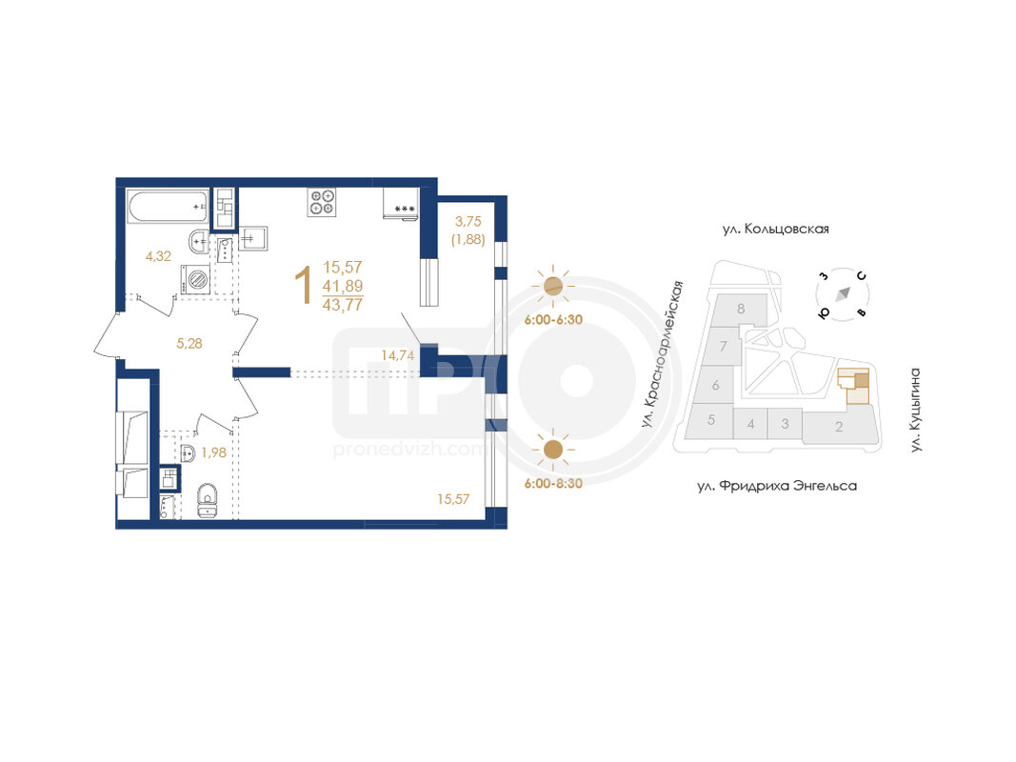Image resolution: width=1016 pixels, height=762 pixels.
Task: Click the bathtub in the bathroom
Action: [168, 206]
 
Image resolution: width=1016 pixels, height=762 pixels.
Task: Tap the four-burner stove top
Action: [322, 201]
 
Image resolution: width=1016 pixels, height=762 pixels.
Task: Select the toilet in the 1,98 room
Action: [209, 500]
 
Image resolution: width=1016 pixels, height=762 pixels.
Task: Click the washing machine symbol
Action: [196, 280]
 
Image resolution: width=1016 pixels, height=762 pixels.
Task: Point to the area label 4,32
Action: [158, 256]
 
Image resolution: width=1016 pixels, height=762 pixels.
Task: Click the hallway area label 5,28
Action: [189, 344]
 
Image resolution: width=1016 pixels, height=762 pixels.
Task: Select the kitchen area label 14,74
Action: [397, 355]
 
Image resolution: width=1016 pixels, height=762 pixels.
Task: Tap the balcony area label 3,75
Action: [468, 222]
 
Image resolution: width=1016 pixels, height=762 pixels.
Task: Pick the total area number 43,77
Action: [343, 305]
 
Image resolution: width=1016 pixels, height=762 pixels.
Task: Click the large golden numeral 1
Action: [303, 286]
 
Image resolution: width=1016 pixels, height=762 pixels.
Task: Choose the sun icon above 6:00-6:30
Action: [552, 286]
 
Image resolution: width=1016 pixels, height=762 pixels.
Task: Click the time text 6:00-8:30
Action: [553, 483]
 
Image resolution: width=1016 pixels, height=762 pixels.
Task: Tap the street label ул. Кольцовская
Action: [776, 229]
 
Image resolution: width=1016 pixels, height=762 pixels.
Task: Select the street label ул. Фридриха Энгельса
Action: [777, 486]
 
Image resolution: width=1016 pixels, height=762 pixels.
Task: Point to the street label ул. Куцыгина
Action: [915, 410]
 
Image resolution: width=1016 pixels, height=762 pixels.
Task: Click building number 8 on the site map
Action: [741, 309]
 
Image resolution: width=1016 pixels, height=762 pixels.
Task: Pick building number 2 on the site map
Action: [839, 427]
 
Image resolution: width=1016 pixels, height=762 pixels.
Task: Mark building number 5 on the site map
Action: [710, 419]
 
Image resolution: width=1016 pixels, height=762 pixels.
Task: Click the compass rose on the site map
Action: [843, 294]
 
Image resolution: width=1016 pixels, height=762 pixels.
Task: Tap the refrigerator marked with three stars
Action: [401, 204]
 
